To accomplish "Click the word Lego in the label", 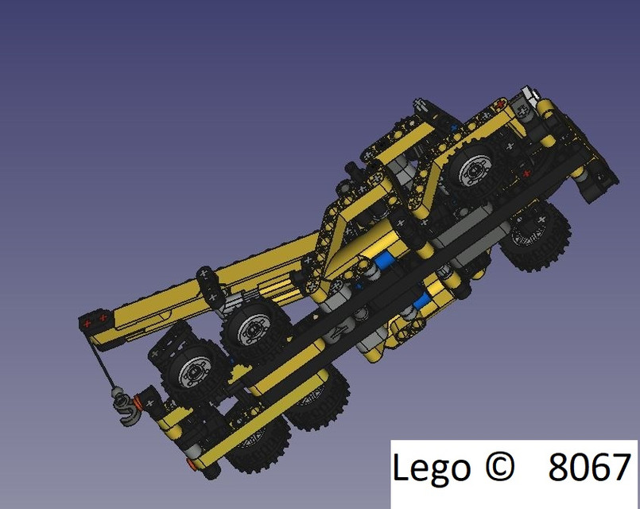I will pyautogui.click(x=430, y=469).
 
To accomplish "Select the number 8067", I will pyautogui.click(x=590, y=468).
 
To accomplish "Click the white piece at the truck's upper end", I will pyautogui.click(x=526, y=94).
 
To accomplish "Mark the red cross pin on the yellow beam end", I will pyautogui.click(x=498, y=105).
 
